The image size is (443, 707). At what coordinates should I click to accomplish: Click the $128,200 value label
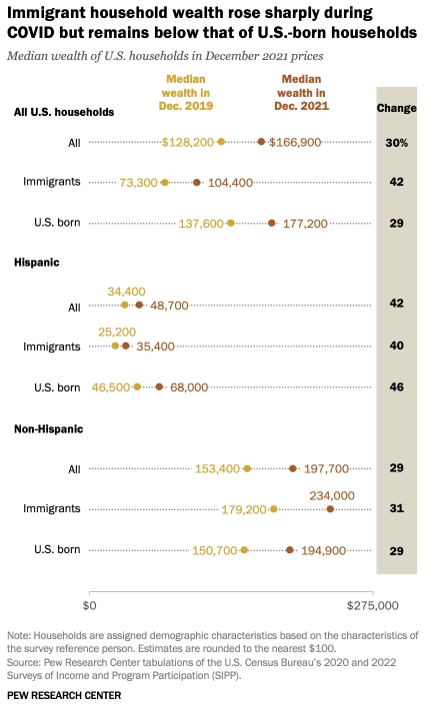coord(188,143)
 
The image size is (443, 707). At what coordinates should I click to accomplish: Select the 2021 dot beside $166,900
coord(261,142)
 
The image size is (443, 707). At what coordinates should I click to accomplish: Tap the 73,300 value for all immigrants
coord(138,183)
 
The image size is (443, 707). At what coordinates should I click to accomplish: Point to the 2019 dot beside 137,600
coord(231,224)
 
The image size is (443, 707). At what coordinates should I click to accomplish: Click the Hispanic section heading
coord(37,263)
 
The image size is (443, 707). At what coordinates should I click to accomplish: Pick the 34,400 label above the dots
coord(126,292)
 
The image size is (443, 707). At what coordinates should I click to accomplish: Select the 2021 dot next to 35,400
coord(126,346)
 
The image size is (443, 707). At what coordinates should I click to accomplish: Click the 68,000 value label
coord(189,387)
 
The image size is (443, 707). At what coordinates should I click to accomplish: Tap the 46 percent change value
coord(396,386)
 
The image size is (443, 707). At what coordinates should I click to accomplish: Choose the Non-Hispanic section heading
coord(49,428)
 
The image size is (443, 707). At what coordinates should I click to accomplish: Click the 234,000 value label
coord(332,496)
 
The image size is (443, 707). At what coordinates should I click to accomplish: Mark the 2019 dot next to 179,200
coord(274,509)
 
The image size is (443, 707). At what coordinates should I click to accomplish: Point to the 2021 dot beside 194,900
coord(290,550)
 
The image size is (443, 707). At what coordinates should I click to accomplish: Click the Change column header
coord(396,108)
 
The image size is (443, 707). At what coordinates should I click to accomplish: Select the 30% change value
coord(396,143)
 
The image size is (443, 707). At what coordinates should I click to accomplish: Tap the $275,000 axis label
coord(373,605)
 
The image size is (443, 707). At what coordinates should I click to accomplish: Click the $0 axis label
coord(89,605)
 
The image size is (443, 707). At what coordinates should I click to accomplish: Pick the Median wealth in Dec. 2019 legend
coord(186,93)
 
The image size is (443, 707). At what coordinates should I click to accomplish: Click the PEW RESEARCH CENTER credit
coord(64,695)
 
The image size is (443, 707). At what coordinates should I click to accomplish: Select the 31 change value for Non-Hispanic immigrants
coord(396,508)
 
